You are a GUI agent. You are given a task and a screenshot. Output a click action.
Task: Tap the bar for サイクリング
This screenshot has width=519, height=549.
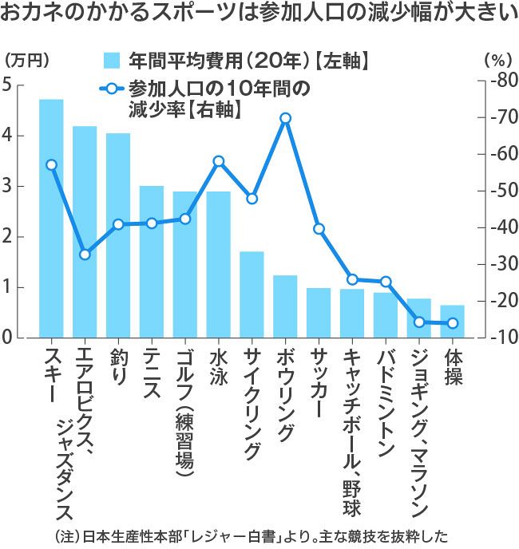point(252,294)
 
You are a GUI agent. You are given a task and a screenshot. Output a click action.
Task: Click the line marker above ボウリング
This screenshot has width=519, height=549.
point(286,118)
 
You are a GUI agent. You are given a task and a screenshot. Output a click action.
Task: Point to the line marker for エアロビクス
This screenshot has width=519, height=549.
point(85,255)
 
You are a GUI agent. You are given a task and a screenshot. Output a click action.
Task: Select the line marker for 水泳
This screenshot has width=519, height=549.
point(219,161)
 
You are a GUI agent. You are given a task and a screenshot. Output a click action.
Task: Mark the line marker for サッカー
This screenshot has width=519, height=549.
point(319,229)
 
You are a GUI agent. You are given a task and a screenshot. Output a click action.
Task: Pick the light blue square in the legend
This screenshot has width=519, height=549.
point(113,61)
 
